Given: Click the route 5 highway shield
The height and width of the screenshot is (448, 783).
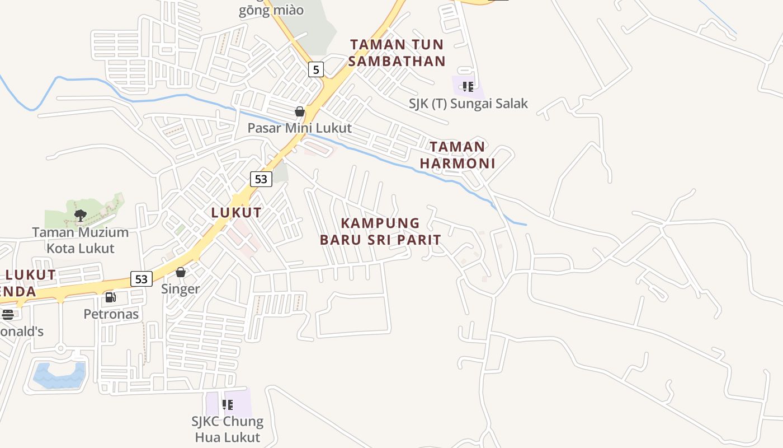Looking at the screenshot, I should [316, 69].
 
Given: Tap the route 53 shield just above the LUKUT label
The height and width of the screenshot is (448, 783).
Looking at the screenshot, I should [261, 179].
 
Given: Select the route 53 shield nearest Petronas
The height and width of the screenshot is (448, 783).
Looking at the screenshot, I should [141, 278].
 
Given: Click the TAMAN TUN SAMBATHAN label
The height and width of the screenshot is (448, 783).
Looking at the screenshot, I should [397, 53].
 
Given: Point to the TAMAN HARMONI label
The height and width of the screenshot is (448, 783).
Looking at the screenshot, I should [457, 155].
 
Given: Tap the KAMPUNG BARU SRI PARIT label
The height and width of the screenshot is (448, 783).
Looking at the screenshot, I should [380, 231].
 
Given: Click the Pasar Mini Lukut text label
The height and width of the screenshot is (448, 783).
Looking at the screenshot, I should [300, 128].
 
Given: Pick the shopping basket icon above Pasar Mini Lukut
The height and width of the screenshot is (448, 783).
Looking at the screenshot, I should [300, 111].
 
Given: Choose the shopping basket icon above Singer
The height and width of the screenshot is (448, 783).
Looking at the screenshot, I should [181, 273].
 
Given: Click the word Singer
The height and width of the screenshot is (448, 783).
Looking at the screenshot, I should [181, 289].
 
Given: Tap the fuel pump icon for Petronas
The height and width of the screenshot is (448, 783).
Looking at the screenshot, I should [111, 297].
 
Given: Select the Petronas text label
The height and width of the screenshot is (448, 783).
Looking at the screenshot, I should [111, 314].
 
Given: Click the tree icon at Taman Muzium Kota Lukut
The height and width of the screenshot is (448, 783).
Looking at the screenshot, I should [80, 215].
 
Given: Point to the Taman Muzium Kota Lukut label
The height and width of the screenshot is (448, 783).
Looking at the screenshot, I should [81, 240].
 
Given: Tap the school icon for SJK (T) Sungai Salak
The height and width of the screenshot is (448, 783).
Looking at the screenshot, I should [468, 87].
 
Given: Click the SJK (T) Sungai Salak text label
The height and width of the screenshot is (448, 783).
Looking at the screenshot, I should [468, 104].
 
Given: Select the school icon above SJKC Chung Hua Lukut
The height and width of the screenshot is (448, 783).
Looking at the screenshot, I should [228, 404].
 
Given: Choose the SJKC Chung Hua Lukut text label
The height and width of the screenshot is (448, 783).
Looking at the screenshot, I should [228, 429].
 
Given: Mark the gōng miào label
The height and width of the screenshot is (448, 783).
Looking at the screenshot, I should [271, 10].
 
